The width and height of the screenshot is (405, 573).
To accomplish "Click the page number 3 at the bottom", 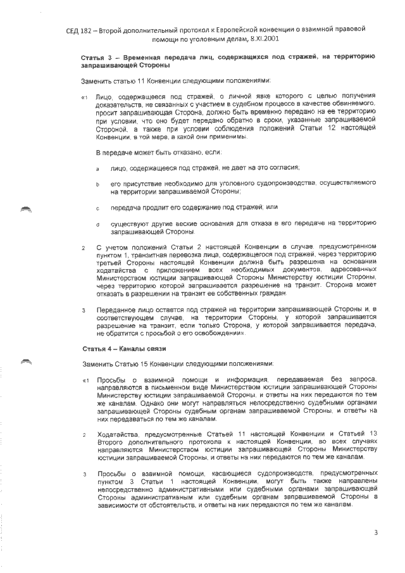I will [375, 532].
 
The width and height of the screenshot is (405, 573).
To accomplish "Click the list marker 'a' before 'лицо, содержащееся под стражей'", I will [97, 168].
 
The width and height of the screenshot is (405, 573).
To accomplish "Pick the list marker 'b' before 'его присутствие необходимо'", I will [97, 184].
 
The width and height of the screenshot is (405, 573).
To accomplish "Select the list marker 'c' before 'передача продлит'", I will [97, 208].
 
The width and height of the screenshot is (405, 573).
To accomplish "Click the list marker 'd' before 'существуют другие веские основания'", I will [97, 224].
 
